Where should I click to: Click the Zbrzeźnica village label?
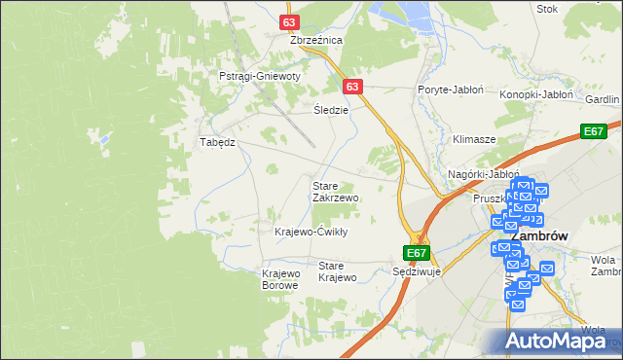click(316, 40)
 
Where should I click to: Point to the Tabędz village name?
click(218, 141)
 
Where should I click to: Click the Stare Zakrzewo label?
click(335, 191)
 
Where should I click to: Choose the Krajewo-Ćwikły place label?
click(311, 232)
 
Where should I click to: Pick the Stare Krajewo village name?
click(339, 271)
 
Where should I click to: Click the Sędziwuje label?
click(417, 271)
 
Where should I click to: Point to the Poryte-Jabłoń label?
click(451, 89)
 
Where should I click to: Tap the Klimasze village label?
click(474, 139)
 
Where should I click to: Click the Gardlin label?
click(604, 99)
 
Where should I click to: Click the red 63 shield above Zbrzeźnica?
click(289, 19)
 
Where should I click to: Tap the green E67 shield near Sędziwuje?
click(417, 253)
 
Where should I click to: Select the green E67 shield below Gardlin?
click(595, 131)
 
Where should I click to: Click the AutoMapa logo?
click(559, 341)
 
